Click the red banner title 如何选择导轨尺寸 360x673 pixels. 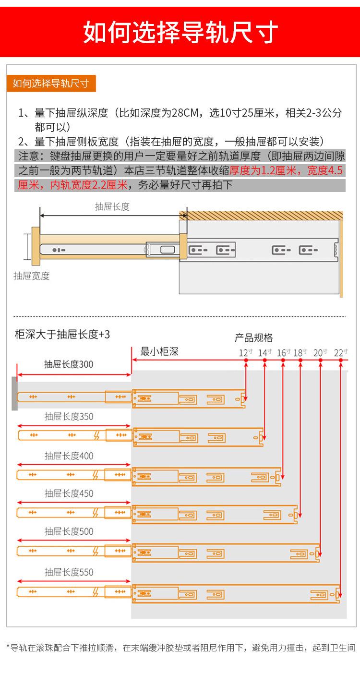pos(180,32)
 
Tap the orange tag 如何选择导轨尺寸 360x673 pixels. pos(51,83)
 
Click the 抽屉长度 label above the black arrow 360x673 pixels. pos(112,207)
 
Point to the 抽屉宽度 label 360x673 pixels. pos(32,276)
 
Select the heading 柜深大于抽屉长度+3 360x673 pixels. pos(62,334)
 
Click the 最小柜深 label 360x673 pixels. pos(159,351)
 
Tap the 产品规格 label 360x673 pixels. pos(253,338)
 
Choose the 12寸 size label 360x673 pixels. pos(246,353)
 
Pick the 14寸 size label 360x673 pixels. pos(265,353)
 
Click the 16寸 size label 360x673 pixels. pos(284,353)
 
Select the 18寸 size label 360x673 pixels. pos(300,353)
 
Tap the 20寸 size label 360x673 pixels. pos(320,353)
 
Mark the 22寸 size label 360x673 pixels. pos(341,353)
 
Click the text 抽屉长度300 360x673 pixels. pos(69,364)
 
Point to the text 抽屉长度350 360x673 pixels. pos(69,416)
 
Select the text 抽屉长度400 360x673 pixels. pos(69,456)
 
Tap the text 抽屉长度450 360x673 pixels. pos(69,493)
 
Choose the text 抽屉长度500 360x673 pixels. pos(69,531)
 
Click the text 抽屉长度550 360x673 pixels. pos(69,572)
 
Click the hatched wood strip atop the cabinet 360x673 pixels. pos(261,216)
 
